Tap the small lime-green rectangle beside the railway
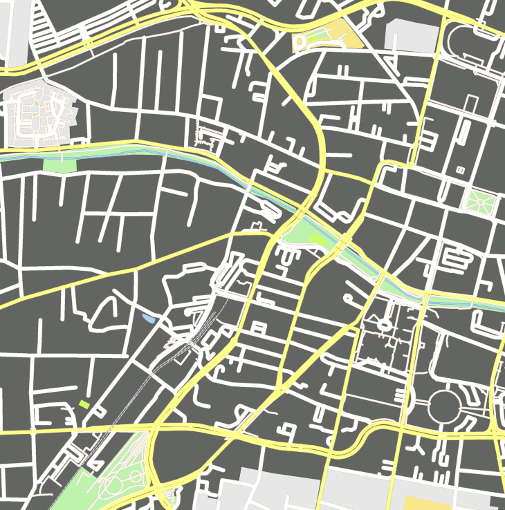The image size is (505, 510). [84, 404]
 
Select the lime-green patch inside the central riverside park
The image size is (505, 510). [315, 239]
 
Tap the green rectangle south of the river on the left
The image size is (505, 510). [59, 165]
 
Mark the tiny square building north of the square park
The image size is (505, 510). [459, 169]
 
